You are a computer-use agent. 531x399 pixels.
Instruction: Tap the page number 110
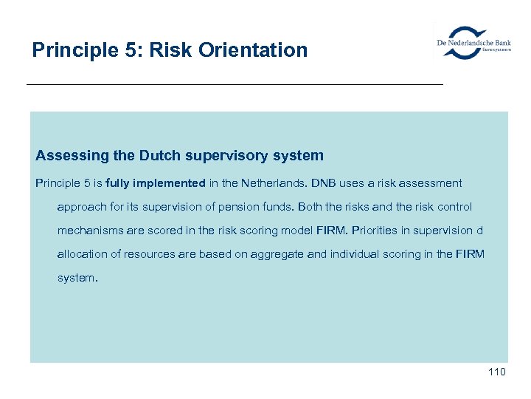click(x=496, y=372)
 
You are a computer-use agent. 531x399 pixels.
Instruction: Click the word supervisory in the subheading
click(x=236, y=156)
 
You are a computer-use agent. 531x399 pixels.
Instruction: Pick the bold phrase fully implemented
click(x=156, y=183)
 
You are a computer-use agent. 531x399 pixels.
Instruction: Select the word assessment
click(x=434, y=183)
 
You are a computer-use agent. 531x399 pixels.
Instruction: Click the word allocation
click(x=82, y=254)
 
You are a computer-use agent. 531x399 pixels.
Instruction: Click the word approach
click(x=81, y=208)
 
